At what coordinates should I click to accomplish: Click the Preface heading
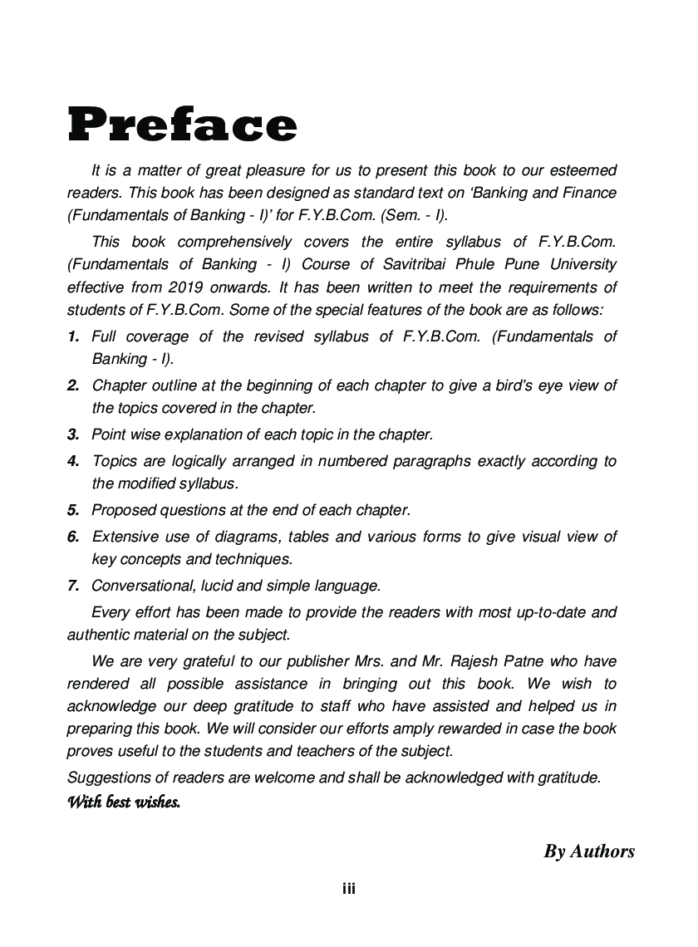coord(182,125)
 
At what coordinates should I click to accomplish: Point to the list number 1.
coord(73,336)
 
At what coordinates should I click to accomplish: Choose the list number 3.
coord(73,434)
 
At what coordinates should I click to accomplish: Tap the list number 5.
coord(73,510)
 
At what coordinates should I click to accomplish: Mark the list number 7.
coord(73,586)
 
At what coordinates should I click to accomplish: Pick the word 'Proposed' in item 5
coord(121,510)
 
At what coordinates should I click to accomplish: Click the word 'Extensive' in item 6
coord(124,537)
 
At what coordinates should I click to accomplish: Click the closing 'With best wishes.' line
coord(123,803)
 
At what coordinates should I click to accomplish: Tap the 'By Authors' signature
coord(589,851)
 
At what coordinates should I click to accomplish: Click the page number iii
coord(349,889)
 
